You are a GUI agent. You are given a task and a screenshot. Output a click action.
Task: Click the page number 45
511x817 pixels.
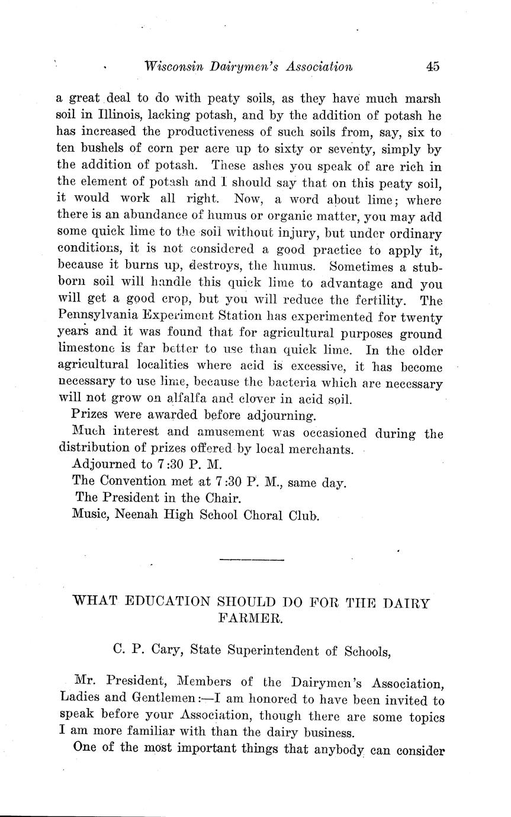click(432, 66)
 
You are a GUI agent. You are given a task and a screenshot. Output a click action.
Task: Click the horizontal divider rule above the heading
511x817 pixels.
click(252, 559)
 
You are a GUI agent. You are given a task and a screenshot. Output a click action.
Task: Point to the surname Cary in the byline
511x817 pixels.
click(163, 651)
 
